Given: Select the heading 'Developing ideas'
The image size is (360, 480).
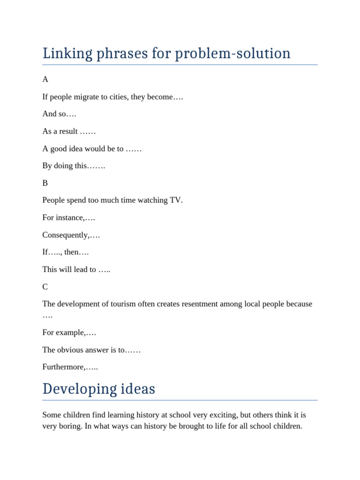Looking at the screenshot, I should (98, 389).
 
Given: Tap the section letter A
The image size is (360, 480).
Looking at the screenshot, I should (45, 80).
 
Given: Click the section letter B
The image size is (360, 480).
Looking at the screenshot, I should (45, 183).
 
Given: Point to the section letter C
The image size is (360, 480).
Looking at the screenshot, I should (45, 287).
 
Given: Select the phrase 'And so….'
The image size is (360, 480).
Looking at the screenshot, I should (59, 114).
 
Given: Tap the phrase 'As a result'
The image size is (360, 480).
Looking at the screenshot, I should (60, 132).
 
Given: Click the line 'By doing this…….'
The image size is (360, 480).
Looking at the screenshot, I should (74, 166).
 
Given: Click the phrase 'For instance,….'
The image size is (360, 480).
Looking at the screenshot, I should (68, 218).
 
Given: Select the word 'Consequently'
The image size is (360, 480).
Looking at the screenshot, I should (65, 235).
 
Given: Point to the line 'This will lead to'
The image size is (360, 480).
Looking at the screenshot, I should (76, 270).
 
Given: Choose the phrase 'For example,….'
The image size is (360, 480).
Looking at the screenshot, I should (69, 333).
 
